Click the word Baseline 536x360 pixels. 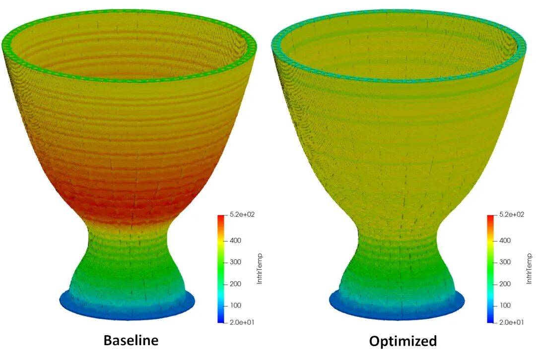(x=131, y=340)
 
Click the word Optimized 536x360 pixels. (x=403, y=341)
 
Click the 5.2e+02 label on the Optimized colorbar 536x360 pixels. (x=511, y=215)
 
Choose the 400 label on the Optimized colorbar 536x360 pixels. (x=505, y=240)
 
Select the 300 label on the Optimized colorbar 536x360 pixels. (x=505, y=262)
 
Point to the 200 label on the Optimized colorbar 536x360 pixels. (x=505, y=284)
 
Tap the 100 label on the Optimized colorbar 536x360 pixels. (x=505, y=305)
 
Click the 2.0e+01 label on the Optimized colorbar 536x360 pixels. (x=511, y=322)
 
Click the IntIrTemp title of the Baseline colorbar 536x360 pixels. (x=259, y=269)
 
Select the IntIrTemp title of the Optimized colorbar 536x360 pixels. (x=530, y=269)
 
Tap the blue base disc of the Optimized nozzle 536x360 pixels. (x=397, y=308)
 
